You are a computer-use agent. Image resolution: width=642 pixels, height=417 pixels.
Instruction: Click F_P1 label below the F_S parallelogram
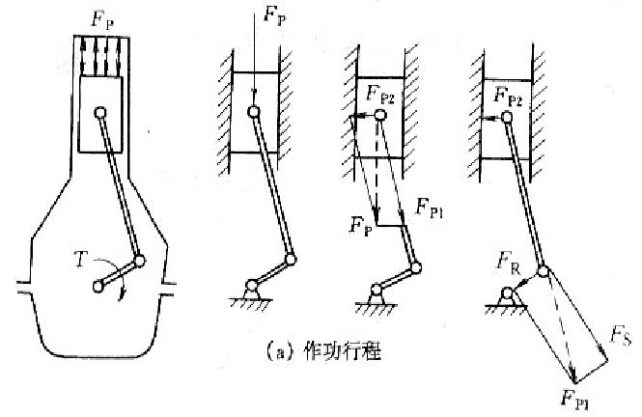[x=574, y=397]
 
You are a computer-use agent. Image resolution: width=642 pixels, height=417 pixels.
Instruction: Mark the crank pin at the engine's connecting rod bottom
[x=141, y=261]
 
